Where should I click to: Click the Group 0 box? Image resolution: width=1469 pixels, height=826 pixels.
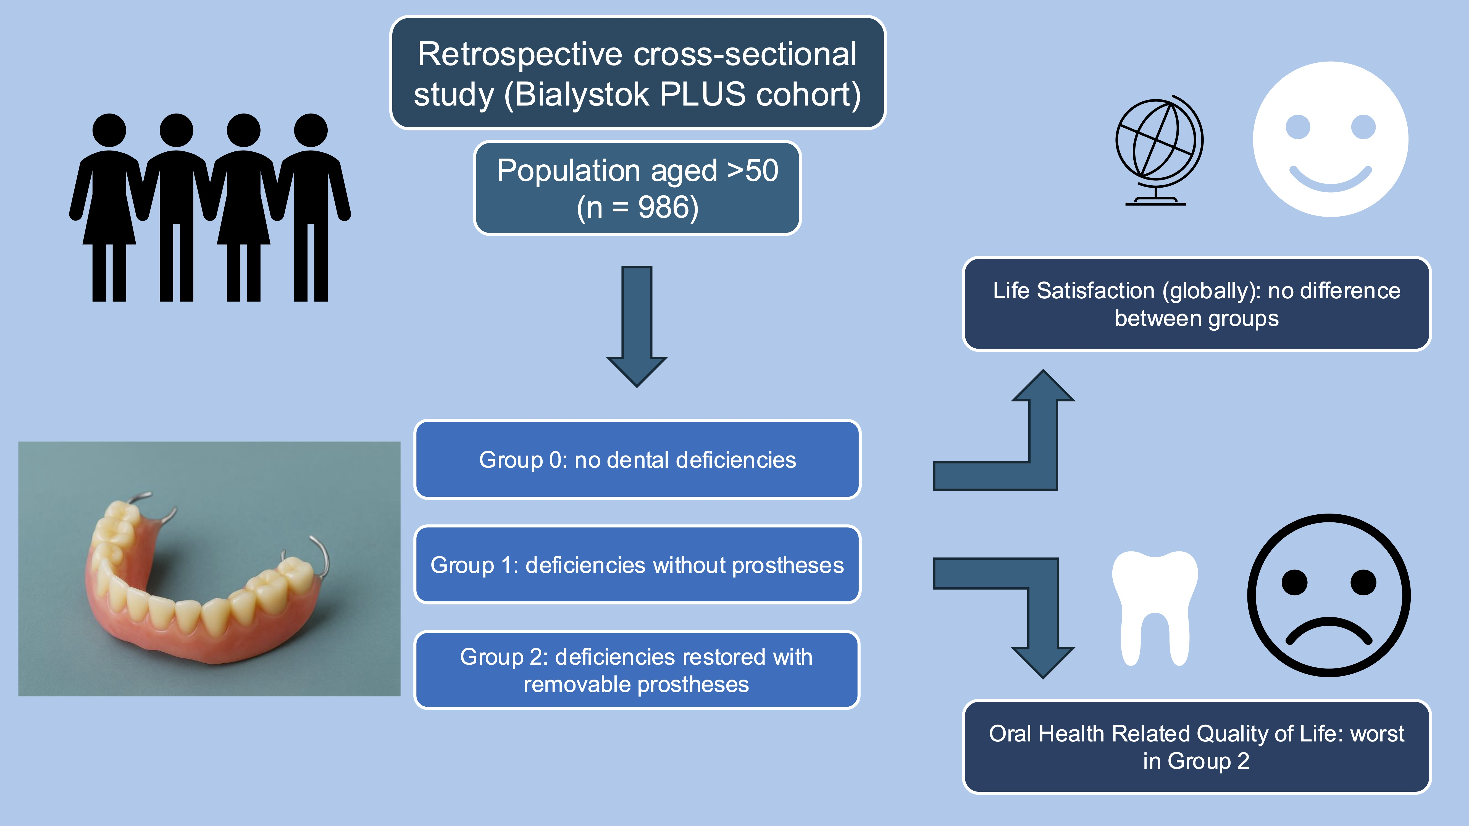(x=637, y=459)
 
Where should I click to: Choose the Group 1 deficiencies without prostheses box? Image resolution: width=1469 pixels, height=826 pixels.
(x=637, y=565)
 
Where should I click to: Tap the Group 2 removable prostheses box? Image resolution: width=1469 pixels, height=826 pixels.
(x=637, y=670)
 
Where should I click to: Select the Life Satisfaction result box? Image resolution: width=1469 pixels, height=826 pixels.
(x=1196, y=304)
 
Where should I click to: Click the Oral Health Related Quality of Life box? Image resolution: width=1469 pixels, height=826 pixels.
(x=1196, y=747)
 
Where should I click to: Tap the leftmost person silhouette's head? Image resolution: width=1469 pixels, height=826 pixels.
(x=109, y=130)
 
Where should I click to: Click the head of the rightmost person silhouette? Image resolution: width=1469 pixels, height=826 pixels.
(x=311, y=130)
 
